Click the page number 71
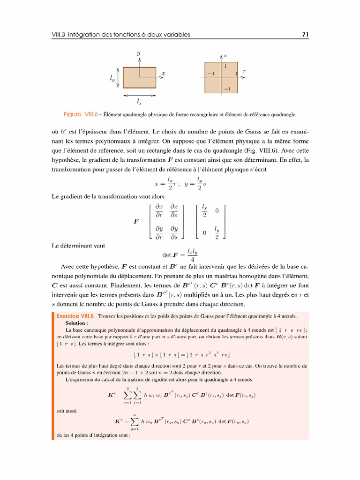(x=304, y=35)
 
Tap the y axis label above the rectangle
(x=138, y=53)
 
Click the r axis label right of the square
(x=244, y=71)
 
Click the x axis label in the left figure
(x=163, y=74)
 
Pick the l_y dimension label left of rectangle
(x=112, y=80)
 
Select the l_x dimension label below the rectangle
(x=139, y=101)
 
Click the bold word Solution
(x=76, y=323)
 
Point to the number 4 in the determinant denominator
(x=193, y=260)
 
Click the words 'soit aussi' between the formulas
(x=66, y=411)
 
